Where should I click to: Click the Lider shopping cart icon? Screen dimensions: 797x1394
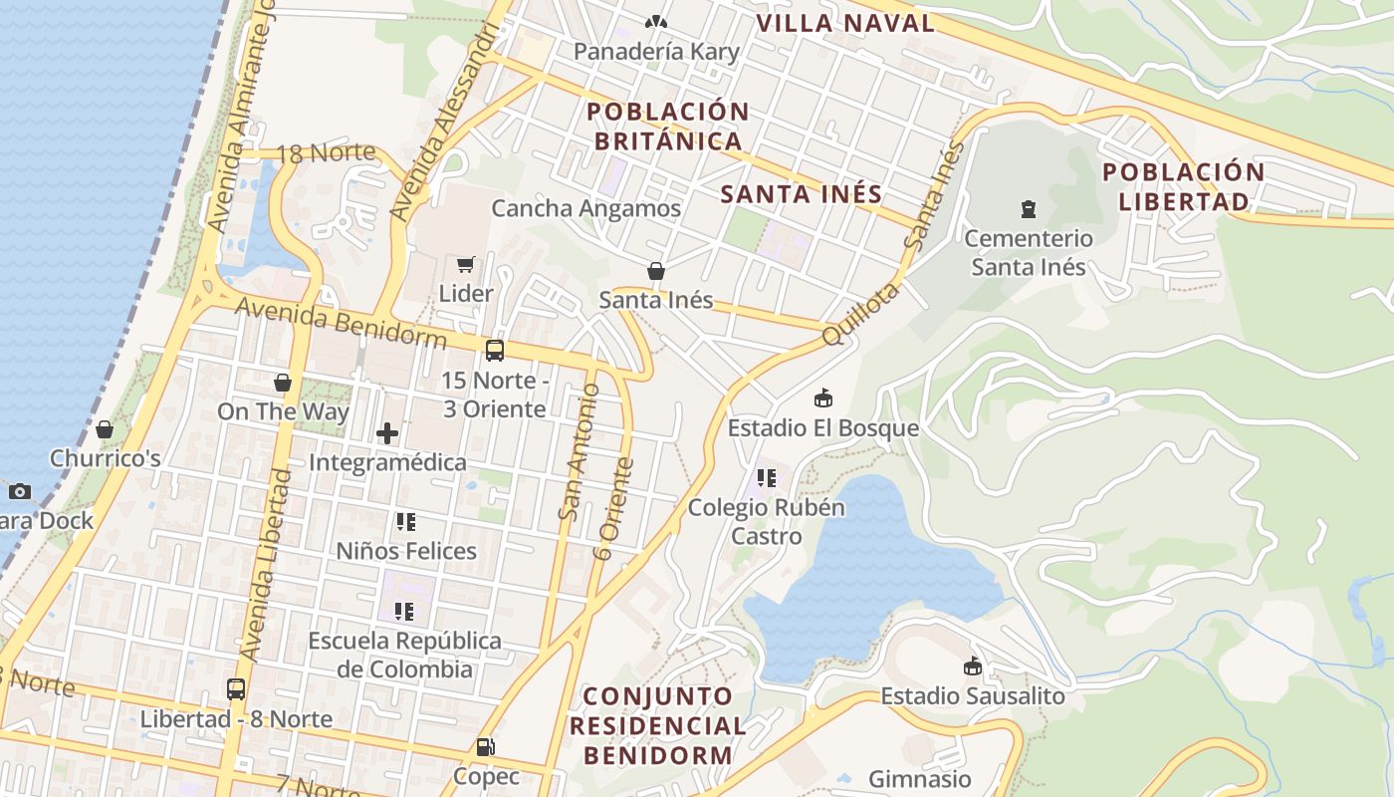[465, 264]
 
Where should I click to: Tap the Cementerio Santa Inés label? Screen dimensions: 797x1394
[1029, 253]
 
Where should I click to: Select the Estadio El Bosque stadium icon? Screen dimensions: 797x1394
[823, 398]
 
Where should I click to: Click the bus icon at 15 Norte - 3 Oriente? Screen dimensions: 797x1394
[495, 351]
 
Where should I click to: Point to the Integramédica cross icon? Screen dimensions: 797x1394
[387, 433]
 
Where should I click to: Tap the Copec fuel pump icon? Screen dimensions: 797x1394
[486, 746]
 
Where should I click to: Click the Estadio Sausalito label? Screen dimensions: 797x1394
[972, 696]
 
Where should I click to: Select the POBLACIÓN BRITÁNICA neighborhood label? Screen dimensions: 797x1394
[668, 127]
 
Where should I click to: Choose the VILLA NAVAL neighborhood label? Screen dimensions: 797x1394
[845, 24]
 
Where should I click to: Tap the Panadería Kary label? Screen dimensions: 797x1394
[656, 52]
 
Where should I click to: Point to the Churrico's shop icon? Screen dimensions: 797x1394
[105, 429]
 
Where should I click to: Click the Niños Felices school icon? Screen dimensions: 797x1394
[405, 521]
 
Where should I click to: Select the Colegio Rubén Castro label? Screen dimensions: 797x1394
[766, 521]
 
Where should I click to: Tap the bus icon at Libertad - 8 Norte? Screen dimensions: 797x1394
[236, 689]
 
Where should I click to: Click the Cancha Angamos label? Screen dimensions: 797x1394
[585, 208]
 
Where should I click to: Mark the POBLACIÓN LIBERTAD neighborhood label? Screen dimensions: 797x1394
[1183, 186]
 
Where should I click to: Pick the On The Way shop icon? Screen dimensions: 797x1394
[283, 383]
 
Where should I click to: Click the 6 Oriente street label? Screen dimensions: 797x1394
[612, 508]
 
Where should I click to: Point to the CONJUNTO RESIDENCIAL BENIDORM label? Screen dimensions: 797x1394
[657, 725]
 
